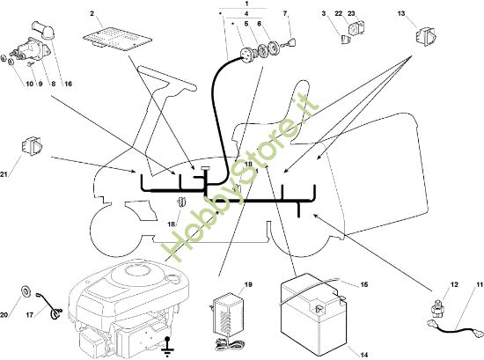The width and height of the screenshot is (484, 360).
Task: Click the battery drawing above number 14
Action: pos(312,312)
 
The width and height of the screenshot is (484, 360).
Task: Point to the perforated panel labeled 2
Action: pos(118,39)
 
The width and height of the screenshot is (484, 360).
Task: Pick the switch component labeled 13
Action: pos(425,37)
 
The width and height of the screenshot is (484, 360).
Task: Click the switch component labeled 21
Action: pos(32,146)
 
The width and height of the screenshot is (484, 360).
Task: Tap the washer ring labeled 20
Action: pos(26,290)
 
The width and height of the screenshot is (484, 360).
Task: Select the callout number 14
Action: pos(364,355)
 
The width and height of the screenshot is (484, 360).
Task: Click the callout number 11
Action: pos(480,284)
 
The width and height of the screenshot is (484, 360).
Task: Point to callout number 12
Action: pos(454,284)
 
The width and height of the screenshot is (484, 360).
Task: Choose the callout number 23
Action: pos(351,13)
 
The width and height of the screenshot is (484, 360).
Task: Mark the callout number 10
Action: pos(29,84)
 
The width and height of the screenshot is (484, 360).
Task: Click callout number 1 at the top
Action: pos(246,4)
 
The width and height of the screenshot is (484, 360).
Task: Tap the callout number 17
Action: pos(30,315)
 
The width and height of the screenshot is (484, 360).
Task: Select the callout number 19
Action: pos(248,284)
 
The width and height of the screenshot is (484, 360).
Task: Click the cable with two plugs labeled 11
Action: pos(454,329)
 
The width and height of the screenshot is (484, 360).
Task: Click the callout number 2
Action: pos(92,13)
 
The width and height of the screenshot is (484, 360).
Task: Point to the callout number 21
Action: pos(4,174)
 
